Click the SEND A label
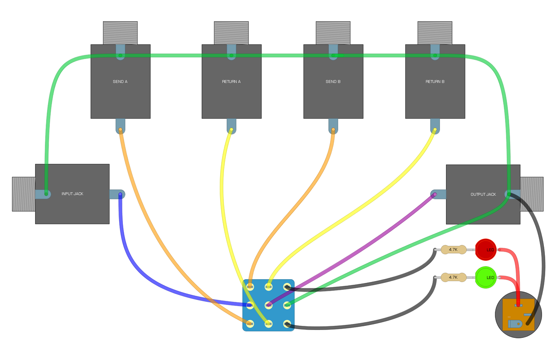[x=120, y=82]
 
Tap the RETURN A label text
[x=231, y=82]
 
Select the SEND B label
[x=333, y=82]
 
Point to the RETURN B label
[x=435, y=82]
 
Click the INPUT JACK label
[x=72, y=194]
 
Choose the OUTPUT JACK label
[x=483, y=194]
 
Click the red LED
[x=485, y=250]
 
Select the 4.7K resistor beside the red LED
[x=453, y=250]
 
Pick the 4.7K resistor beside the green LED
[x=453, y=277]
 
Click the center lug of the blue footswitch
[x=268, y=305]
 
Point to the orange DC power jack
[x=518, y=314]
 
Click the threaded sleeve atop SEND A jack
[x=120, y=33]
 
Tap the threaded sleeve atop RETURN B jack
[x=435, y=33]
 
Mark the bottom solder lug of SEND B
[x=333, y=130]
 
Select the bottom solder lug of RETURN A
[x=231, y=130]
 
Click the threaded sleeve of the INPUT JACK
[x=24, y=194]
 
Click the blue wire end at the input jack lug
[x=120, y=195]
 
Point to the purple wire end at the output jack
[x=434, y=195]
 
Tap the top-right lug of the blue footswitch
[x=287, y=287]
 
